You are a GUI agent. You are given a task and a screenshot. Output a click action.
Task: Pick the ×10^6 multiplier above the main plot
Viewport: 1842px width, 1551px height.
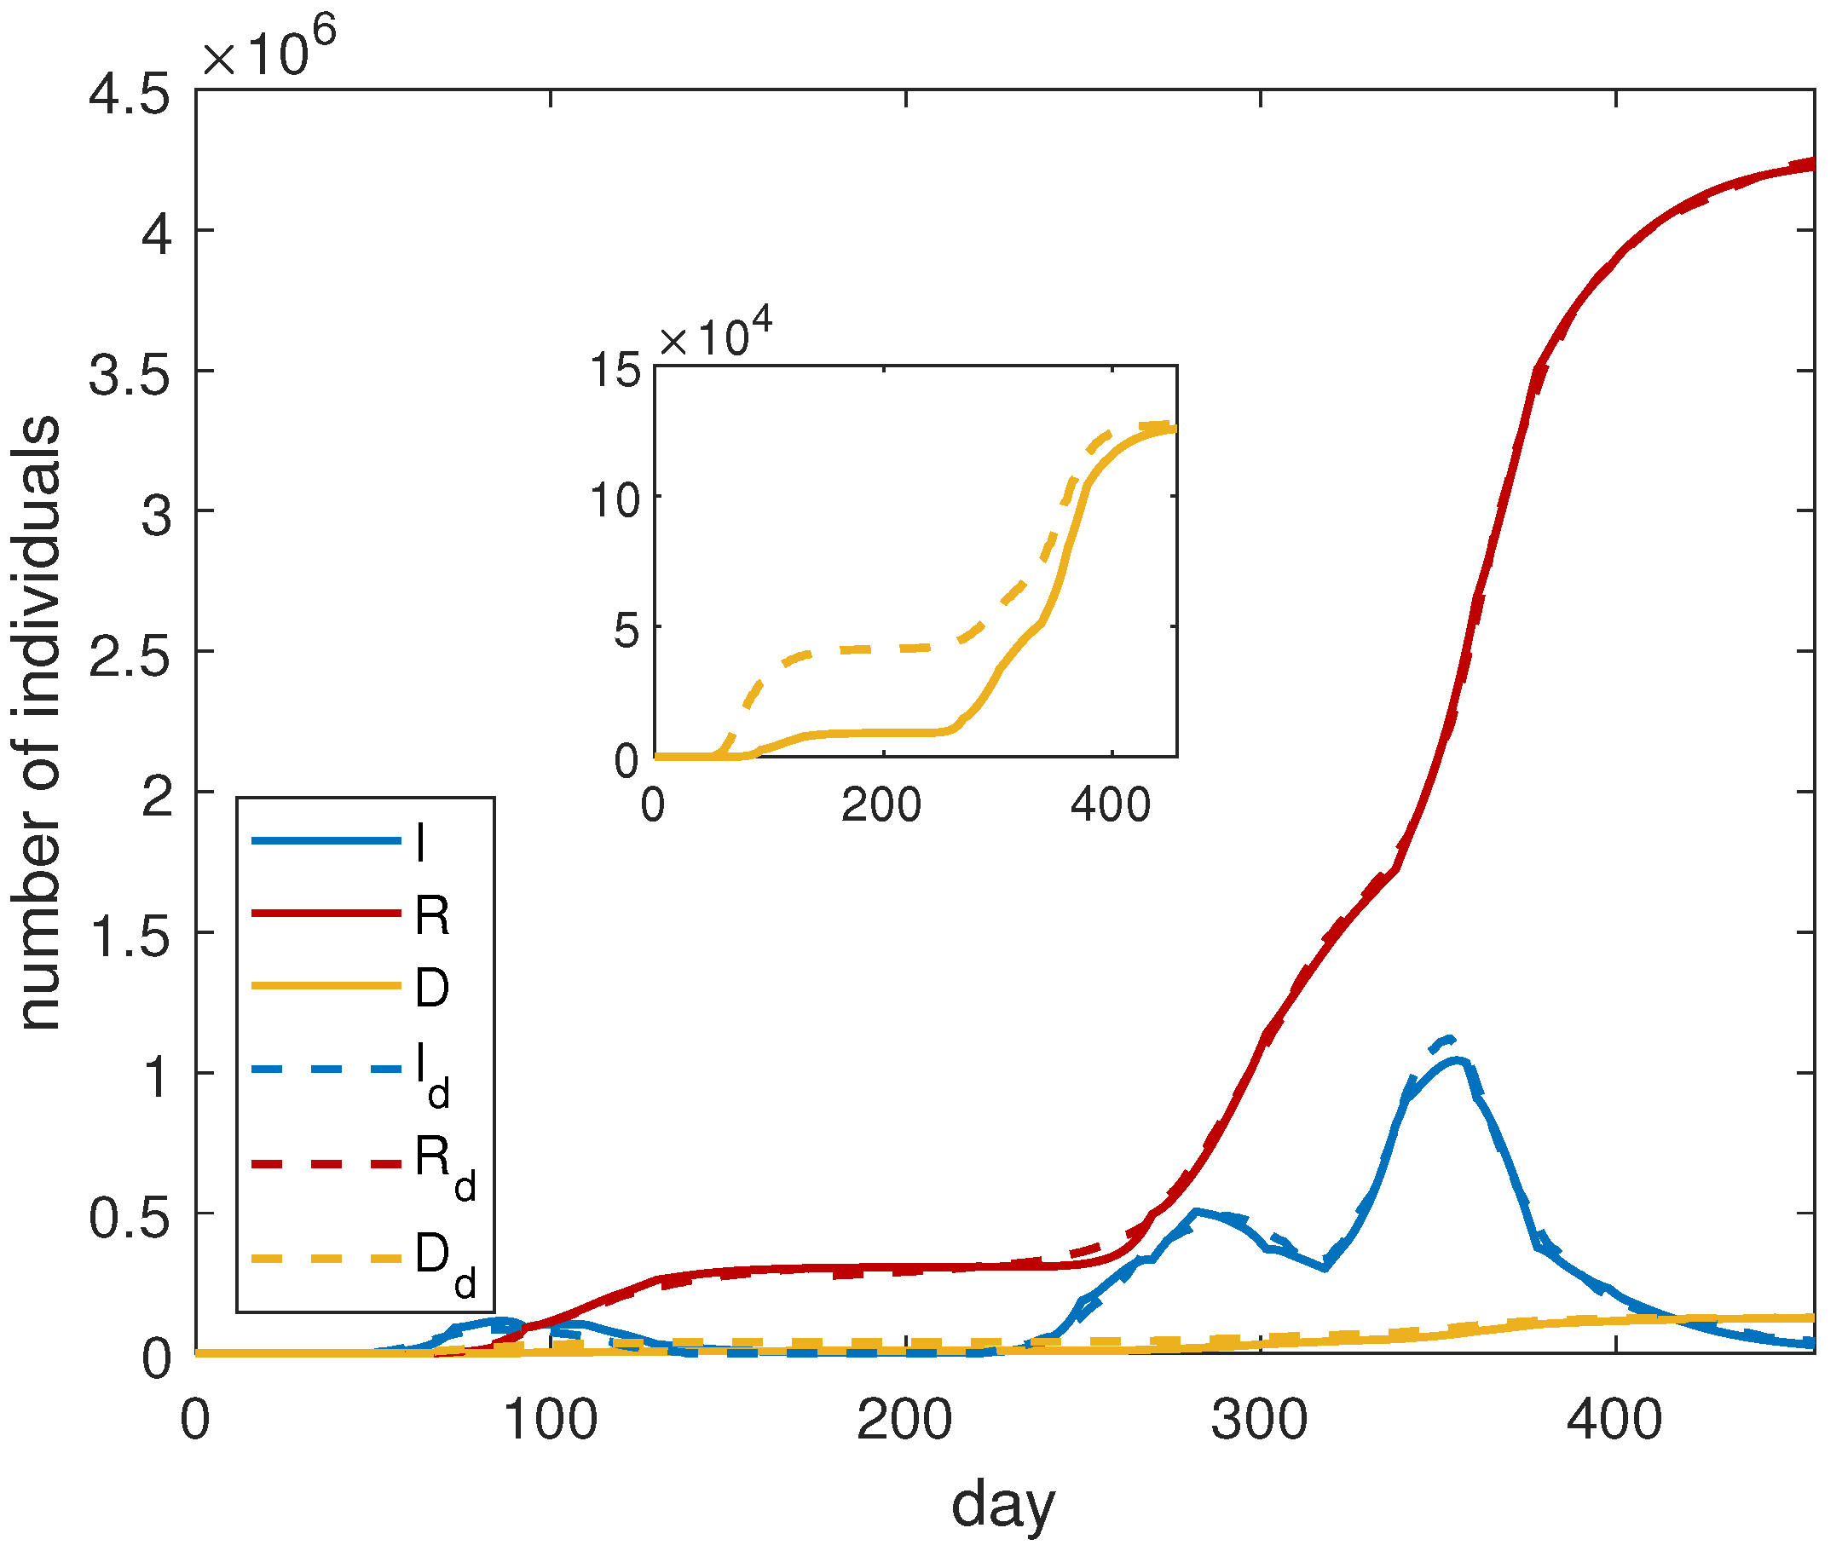point(269,49)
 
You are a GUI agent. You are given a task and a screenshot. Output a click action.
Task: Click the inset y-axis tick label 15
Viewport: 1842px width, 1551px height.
point(616,369)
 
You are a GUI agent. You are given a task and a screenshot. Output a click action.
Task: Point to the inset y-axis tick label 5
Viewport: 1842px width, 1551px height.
point(627,631)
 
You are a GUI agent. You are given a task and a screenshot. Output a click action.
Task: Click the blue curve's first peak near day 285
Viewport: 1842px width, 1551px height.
point(1197,1213)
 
